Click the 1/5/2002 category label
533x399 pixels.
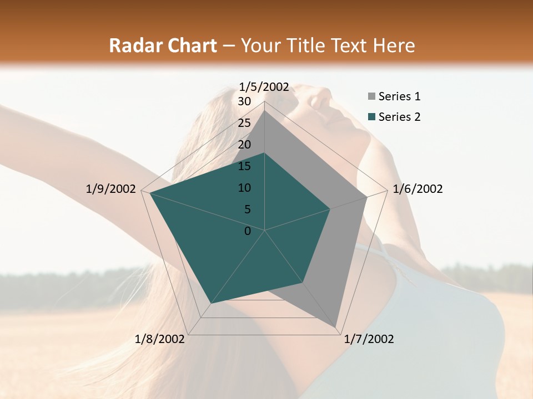tap(264, 87)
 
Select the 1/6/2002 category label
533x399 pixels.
tap(418, 189)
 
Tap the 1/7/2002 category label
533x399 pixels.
tap(369, 339)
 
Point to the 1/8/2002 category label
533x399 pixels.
tap(160, 339)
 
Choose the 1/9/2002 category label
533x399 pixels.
tap(110, 189)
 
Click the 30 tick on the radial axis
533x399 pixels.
tap(244, 101)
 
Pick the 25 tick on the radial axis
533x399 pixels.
tap(244, 123)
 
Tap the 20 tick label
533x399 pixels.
tap(244, 145)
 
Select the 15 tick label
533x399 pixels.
tap(244, 166)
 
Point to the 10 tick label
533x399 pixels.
tap(244, 188)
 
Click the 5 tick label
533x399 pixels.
tap(247, 209)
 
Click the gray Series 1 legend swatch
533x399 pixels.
tap(371, 97)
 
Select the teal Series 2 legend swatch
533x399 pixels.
tap(371, 117)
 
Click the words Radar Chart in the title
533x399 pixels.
tap(163, 46)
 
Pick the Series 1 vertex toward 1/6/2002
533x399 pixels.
tap(367, 197)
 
